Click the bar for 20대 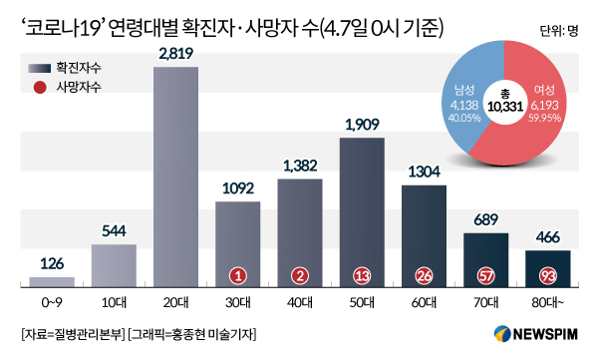175,177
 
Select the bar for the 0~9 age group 52,282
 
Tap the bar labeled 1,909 362,212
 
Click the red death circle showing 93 547,275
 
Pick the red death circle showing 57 486,275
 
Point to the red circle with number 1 238,275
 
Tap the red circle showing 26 425,275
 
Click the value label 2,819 175,54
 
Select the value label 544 114,231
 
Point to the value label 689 486,220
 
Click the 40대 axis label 300,303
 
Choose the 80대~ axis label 547,303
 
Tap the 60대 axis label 425,303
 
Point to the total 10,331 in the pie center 505,106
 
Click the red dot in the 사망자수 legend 40,88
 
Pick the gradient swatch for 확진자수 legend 39,69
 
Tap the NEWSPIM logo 536,334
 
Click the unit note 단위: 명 559,31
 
